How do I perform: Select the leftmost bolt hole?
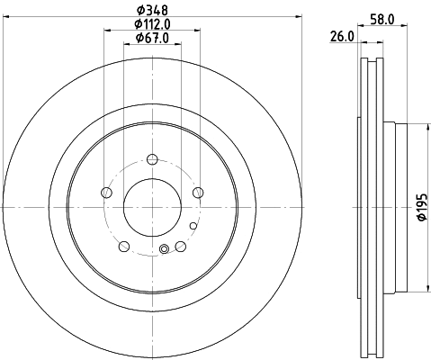[108, 193]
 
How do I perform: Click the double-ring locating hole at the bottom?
[163, 250]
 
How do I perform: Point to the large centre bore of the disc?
[152, 209]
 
